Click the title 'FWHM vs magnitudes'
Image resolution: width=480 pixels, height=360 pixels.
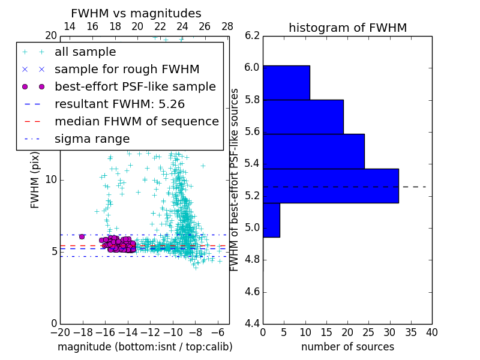click(136, 14)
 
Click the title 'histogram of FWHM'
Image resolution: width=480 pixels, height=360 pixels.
click(347, 28)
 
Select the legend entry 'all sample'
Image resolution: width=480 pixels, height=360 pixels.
click(85, 52)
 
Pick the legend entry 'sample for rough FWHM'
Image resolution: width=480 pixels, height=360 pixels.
click(127, 70)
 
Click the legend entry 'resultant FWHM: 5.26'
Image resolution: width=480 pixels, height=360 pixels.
click(119, 104)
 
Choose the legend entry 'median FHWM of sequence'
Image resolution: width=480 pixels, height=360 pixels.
click(136, 122)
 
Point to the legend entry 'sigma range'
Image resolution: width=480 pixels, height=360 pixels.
click(92, 139)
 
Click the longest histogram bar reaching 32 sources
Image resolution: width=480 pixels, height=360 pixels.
click(331, 186)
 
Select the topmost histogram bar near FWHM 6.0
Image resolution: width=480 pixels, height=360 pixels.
click(286, 83)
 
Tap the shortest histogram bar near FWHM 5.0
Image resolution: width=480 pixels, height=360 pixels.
click(271, 220)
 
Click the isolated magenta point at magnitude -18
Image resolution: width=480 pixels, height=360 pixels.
click(82, 236)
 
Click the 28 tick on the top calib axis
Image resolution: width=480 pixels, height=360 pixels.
click(227, 27)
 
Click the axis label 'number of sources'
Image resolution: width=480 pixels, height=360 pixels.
click(347, 347)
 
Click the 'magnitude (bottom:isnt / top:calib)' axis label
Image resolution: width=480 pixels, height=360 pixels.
click(145, 347)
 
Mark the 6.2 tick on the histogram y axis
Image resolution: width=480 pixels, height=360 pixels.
click(252, 35)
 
